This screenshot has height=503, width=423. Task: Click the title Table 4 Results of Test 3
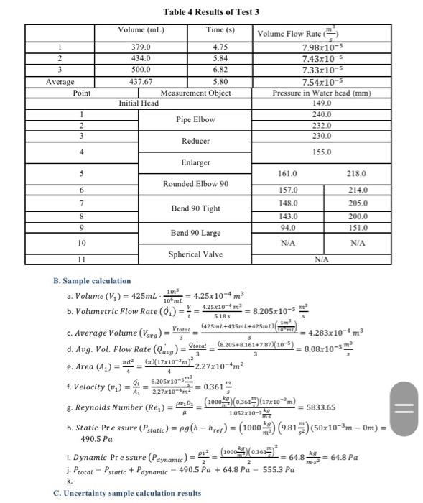pos(211,12)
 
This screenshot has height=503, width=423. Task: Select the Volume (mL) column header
pos(141,30)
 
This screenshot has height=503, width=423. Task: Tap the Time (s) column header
pos(220,30)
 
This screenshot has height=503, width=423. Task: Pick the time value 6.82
pos(220,70)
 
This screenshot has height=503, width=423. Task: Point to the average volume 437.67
pos(141,82)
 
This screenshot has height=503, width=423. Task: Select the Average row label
pos(60,82)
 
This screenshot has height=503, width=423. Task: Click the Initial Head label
pos(139,103)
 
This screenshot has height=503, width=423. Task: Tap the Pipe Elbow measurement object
pos(195,119)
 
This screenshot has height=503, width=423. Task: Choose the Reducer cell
pos(195,142)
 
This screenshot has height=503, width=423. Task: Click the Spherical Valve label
pos(195,254)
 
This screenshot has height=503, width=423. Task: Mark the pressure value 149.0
pos(322,103)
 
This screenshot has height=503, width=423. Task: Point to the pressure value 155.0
pos(322,152)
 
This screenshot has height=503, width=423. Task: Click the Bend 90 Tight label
pos(195,208)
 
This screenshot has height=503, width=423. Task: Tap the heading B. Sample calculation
pos(93,281)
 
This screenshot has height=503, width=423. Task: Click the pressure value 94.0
pos(288,228)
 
